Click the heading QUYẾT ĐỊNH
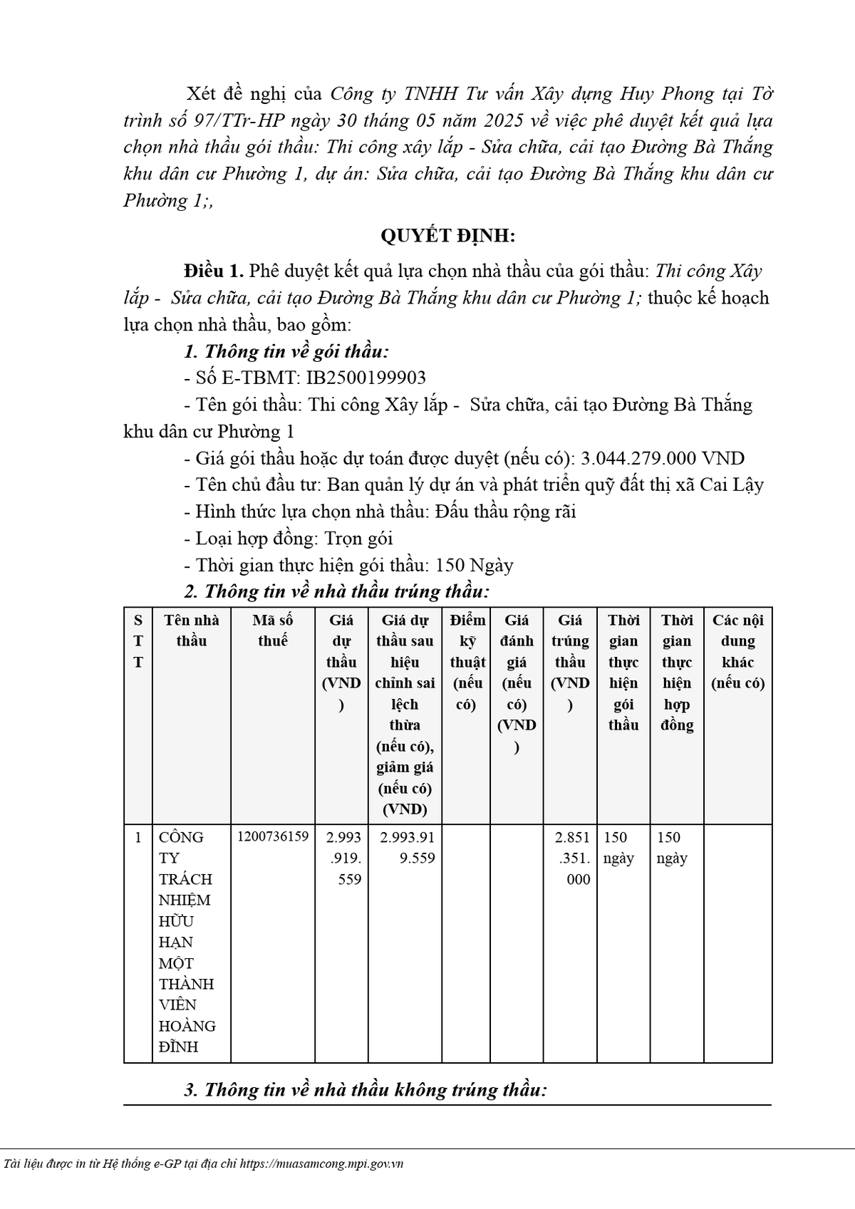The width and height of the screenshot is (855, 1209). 447,236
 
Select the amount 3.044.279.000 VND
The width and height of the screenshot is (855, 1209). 663,458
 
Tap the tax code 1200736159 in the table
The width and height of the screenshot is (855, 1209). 273,836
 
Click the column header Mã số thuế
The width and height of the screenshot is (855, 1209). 273,631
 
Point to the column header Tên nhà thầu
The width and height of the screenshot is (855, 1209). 192,631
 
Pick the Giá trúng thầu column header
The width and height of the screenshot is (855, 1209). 570,662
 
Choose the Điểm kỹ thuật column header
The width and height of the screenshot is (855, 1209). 467,662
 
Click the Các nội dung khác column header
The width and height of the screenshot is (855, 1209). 737,651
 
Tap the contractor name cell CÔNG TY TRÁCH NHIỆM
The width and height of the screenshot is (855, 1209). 187,941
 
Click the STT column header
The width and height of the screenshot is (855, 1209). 138,640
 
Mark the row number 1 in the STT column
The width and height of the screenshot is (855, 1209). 138,837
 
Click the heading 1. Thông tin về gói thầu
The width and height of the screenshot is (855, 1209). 286,351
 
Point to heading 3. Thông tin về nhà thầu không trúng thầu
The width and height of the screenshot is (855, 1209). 365,1090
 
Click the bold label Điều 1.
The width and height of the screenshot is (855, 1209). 214,271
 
